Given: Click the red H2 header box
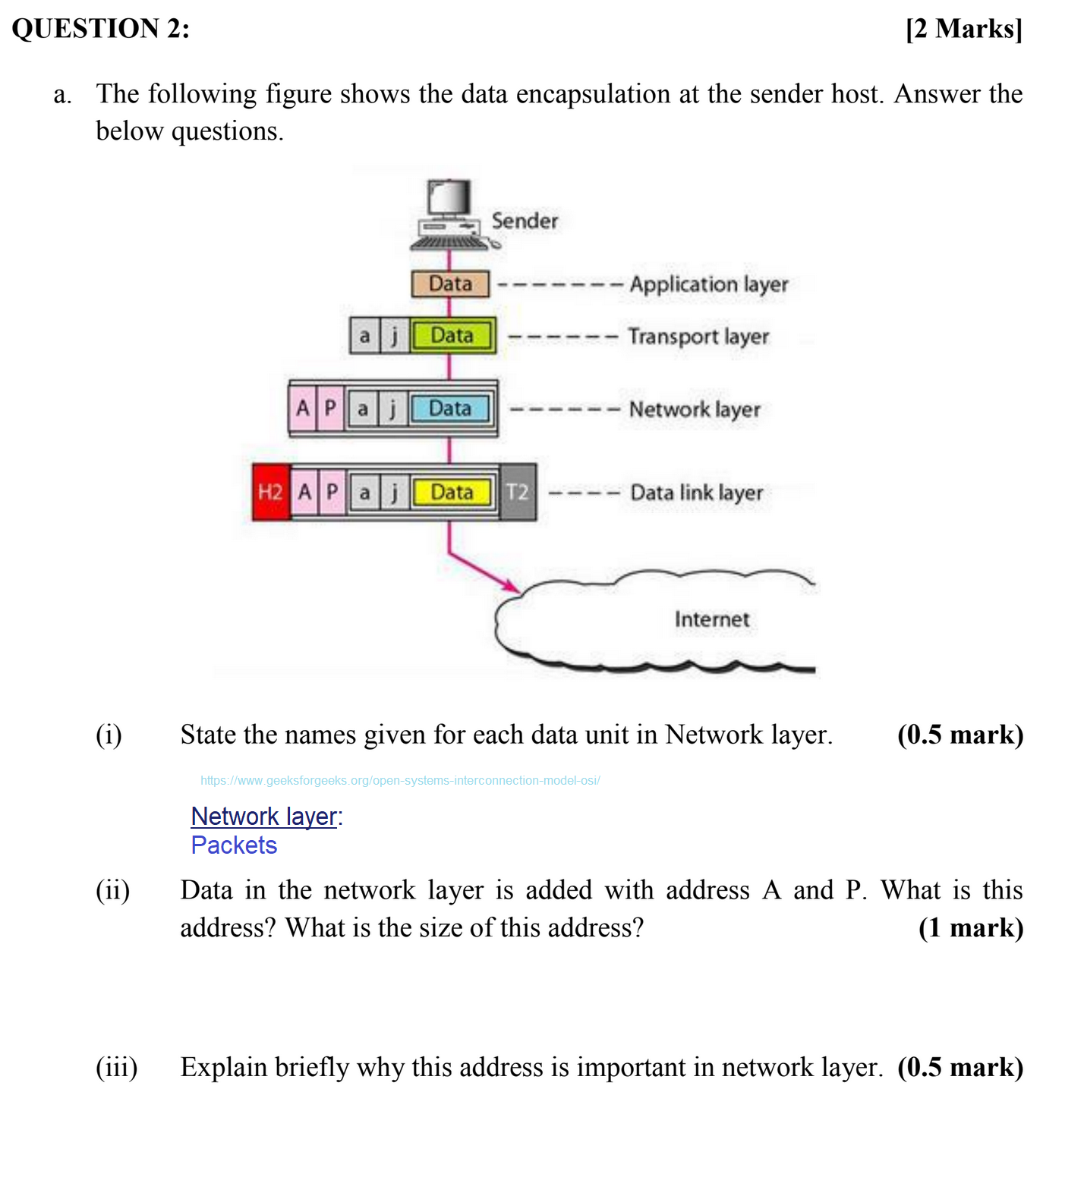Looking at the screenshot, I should tap(271, 493).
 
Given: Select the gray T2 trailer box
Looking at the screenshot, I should tap(518, 493).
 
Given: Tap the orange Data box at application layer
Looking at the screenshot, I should tap(450, 284).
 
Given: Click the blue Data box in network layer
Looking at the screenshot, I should tap(450, 408).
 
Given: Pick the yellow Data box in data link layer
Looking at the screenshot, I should tap(452, 493).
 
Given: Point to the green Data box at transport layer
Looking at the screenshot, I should tap(452, 335).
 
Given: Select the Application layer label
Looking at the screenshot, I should tap(709, 285).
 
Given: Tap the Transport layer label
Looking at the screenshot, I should tap(698, 336).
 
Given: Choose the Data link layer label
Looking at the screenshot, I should tap(697, 493).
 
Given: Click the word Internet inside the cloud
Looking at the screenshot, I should tap(712, 619).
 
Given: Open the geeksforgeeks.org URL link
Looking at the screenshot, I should tap(400, 780).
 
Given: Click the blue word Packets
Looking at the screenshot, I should tap(234, 845).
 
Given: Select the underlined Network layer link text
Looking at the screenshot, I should tap(263, 817).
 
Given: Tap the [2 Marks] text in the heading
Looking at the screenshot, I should tap(964, 29).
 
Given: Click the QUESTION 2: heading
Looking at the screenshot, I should tap(101, 29).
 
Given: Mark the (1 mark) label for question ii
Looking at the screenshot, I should tap(971, 928).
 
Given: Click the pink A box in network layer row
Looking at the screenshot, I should tap(302, 408).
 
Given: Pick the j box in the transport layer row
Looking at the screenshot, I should tap(394, 335).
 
